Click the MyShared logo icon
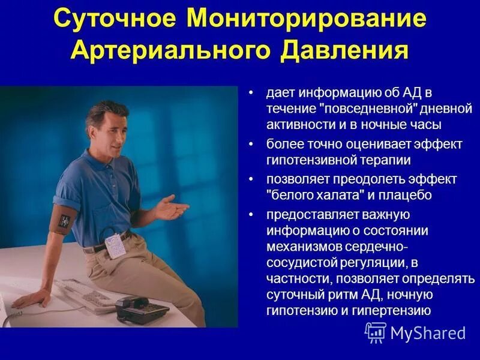tap(376, 332)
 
